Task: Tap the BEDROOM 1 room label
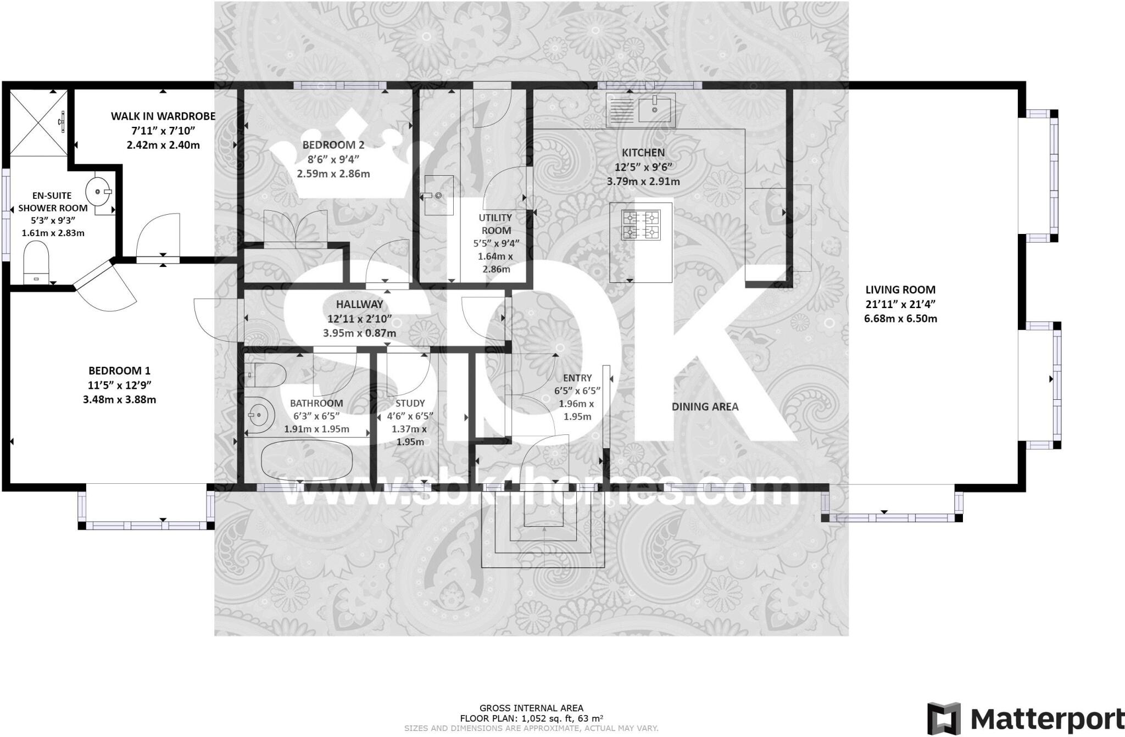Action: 119,371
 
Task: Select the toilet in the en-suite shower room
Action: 36,263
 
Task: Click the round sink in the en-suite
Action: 98,192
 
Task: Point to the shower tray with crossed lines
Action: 38,122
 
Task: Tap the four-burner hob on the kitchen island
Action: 641,226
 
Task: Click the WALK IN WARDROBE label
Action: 163,116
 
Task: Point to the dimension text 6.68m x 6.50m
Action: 900,319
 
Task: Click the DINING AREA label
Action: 705,406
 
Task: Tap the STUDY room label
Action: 410,403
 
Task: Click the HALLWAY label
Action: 359,304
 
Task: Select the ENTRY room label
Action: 577,378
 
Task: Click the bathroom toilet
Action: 266,375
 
